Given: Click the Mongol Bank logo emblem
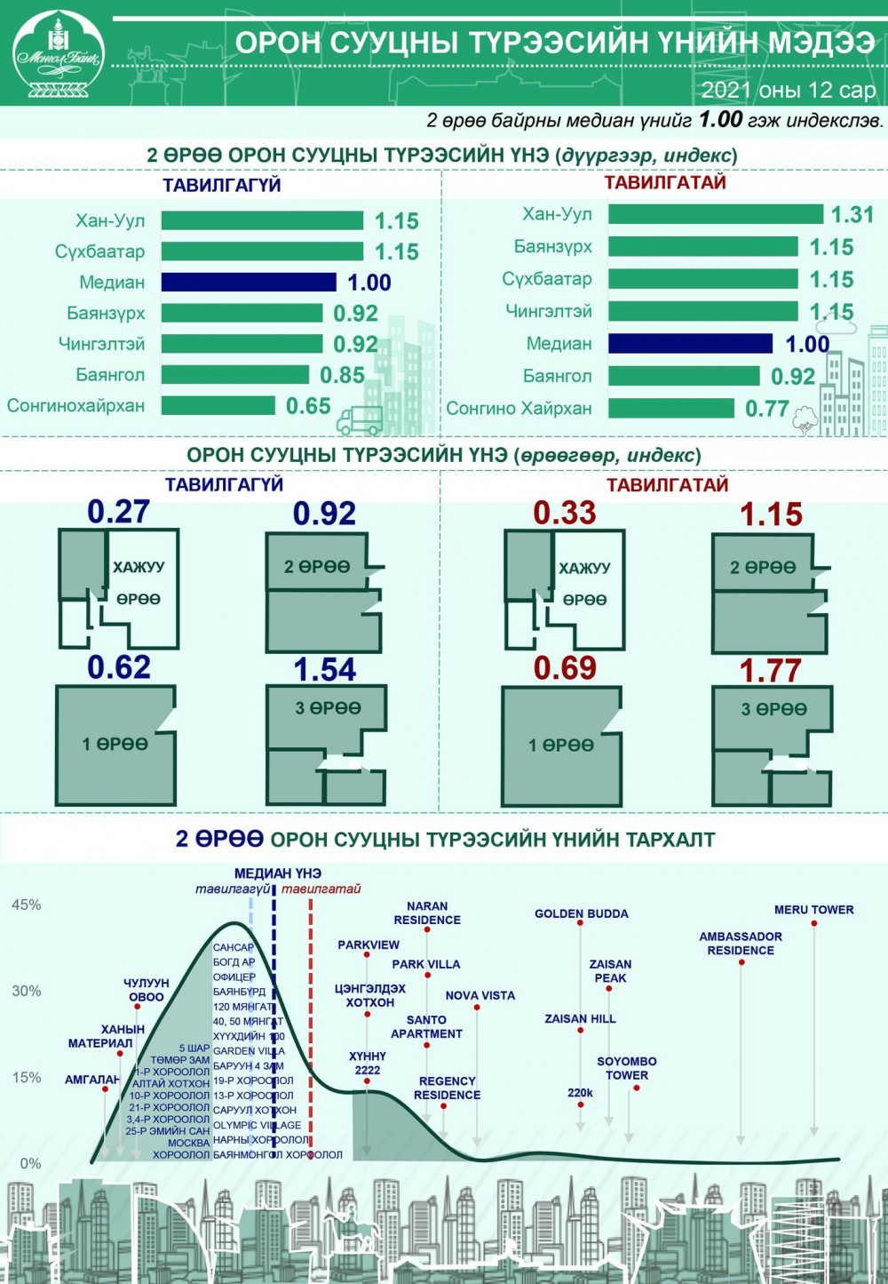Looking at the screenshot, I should [x=59, y=52].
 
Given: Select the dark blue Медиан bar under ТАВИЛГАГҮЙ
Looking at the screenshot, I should [x=249, y=283].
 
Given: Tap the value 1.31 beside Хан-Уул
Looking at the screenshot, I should [x=852, y=215].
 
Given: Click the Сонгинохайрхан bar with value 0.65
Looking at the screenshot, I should [x=218, y=406].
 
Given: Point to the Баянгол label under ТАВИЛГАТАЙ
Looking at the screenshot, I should [x=557, y=377].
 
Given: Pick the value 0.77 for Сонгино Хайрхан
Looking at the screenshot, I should [x=766, y=409].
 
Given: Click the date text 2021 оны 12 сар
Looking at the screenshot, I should [x=788, y=91].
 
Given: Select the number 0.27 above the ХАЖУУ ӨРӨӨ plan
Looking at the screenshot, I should [x=118, y=512].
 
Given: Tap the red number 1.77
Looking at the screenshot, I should [x=770, y=671].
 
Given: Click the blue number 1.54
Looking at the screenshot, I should [x=324, y=670].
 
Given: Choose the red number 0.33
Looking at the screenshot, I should [x=564, y=513].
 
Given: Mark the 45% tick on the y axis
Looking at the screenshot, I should [x=26, y=905].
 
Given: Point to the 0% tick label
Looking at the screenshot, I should [x=30, y=1163].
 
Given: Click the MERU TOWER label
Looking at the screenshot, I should [x=813, y=910].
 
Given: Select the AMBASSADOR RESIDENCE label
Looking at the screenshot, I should [x=741, y=944].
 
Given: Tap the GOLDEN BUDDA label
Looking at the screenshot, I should [x=581, y=913].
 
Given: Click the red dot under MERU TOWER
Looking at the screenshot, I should [x=814, y=923].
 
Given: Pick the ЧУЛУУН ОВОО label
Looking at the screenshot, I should [x=147, y=990].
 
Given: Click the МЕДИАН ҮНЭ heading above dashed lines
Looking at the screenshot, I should [x=277, y=873].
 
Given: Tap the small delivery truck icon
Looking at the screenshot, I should [x=360, y=420].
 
